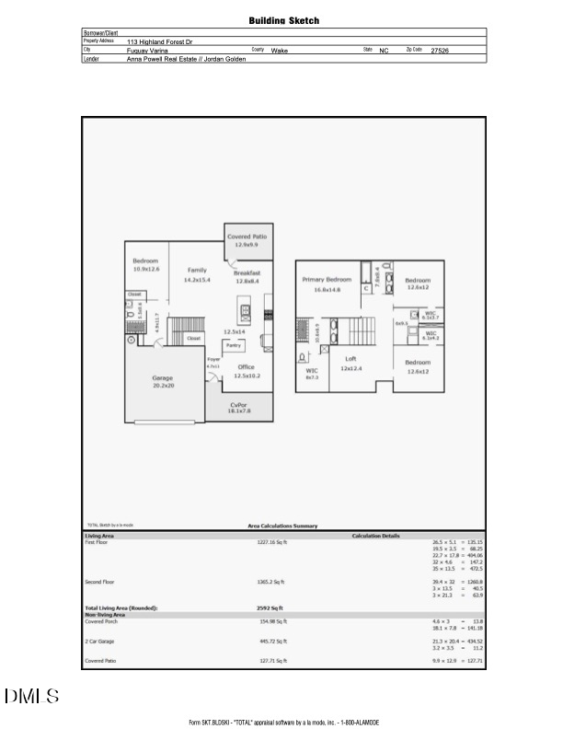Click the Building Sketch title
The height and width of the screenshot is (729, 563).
[x=284, y=20]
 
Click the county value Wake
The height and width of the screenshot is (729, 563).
[x=279, y=51]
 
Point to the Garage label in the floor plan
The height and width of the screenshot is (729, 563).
[x=162, y=378]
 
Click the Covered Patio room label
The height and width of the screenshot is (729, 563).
[x=247, y=237]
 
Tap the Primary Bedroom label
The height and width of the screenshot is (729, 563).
[x=327, y=279]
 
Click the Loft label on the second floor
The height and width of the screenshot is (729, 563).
[x=350, y=358]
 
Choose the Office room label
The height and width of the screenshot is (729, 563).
[x=246, y=366]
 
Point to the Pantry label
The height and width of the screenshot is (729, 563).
[x=233, y=345]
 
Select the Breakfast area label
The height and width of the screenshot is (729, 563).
[x=247, y=273]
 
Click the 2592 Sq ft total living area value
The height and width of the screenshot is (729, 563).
[x=270, y=608]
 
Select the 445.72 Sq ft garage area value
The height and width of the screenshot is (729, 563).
[x=271, y=641]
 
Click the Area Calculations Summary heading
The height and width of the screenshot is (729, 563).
[x=282, y=526]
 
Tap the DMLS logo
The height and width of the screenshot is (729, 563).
[x=32, y=696]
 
